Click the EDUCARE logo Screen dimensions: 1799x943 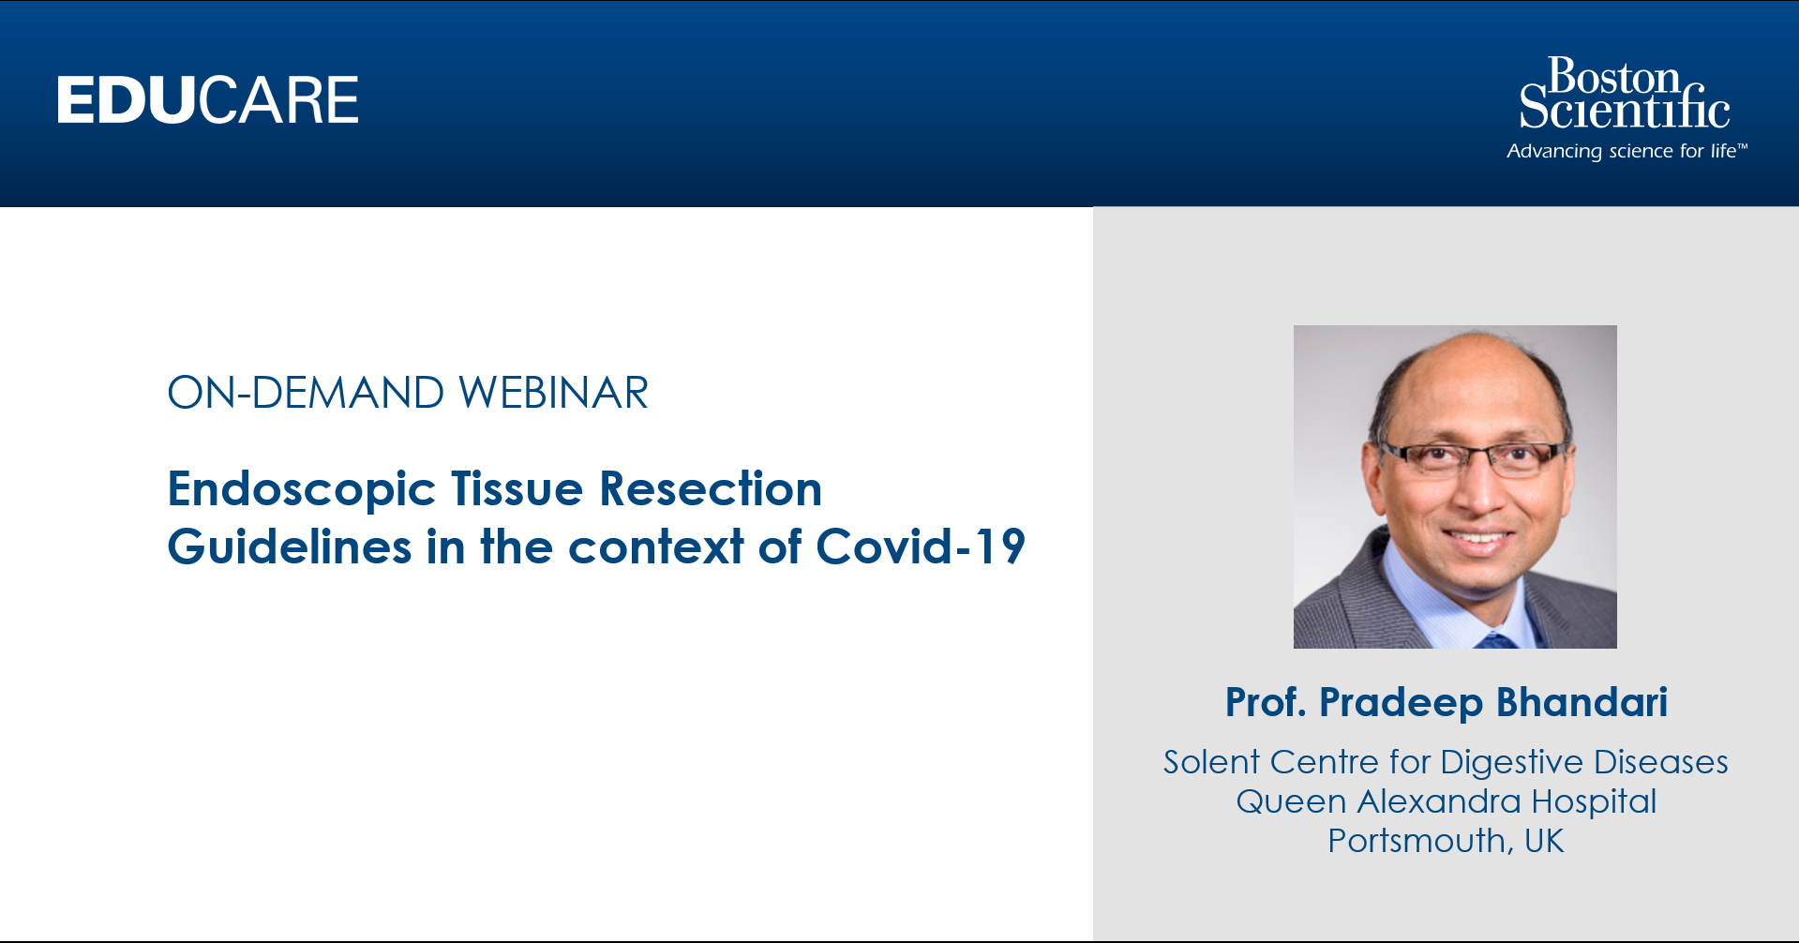click(207, 100)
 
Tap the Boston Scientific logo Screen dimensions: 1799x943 click(1625, 93)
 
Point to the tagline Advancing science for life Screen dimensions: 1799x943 click(1627, 151)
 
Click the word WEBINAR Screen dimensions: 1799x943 click(553, 393)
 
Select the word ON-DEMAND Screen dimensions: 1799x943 click(306, 393)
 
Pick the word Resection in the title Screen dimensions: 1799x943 click(711, 488)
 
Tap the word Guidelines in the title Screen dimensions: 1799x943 click(290, 546)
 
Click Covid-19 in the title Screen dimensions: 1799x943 click(921, 546)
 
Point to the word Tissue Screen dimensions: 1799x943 click(517, 488)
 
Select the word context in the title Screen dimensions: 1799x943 click(656, 546)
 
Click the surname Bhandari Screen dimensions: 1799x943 click(1582, 702)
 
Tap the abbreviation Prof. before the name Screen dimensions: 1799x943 click(1266, 702)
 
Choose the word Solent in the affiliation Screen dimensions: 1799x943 click(1211, 762)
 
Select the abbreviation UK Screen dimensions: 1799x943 click(1544, 841)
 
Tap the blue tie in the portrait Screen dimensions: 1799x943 click(1495, 641)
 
